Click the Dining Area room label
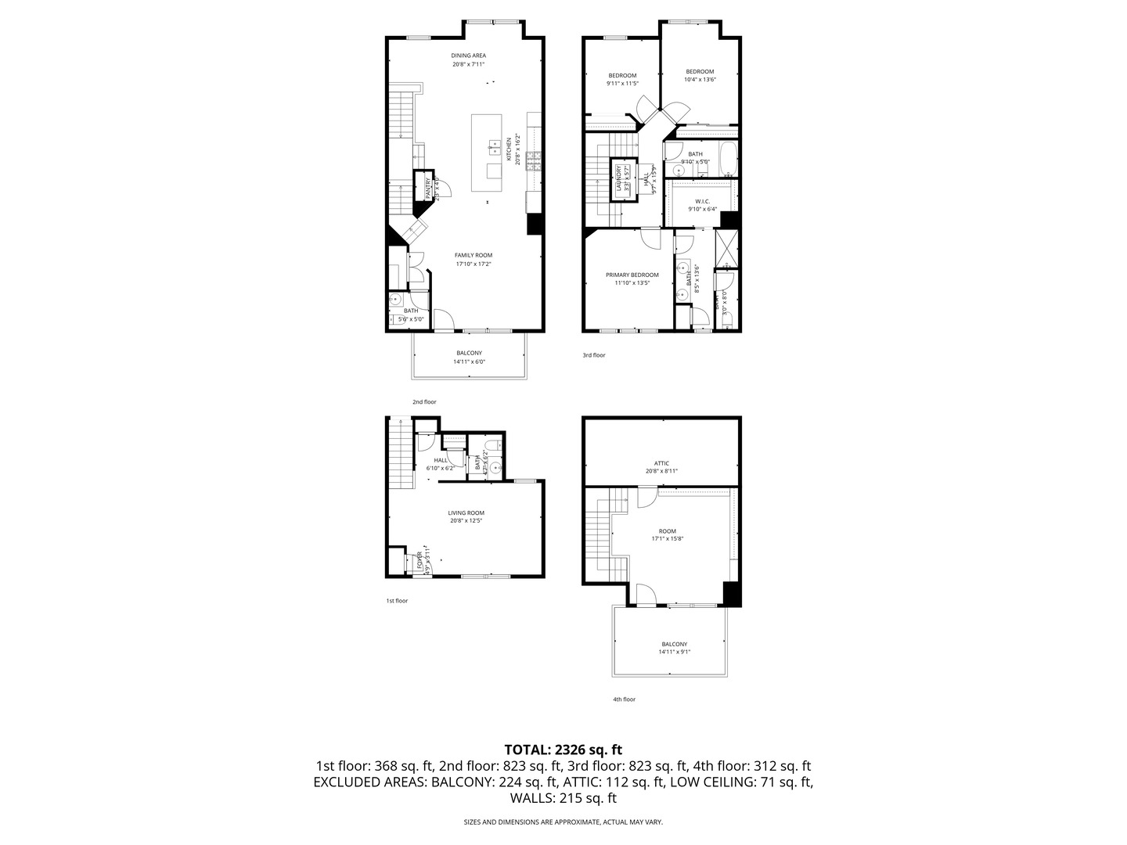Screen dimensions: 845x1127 click(x=469, y=56)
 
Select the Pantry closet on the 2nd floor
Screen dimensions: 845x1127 click(x=427, y=188)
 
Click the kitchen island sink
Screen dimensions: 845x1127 click(x=495, y=146)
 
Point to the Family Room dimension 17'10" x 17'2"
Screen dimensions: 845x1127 click(x=473, y=264)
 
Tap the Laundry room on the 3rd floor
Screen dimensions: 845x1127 click(x=619, y=178)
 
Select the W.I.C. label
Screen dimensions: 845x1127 click(x=701, y=200)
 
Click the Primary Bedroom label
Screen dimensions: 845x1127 click(x=632, y=275)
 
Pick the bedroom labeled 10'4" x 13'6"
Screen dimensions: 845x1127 click(x=700, y=75)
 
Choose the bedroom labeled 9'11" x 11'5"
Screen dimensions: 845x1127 click(x=622, y=79)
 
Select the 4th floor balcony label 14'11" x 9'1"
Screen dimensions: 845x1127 click(x=674, y=648)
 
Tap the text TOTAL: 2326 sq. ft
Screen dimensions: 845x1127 click(x=563, y=750)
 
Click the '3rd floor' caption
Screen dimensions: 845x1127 click(x=593, y=355)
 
